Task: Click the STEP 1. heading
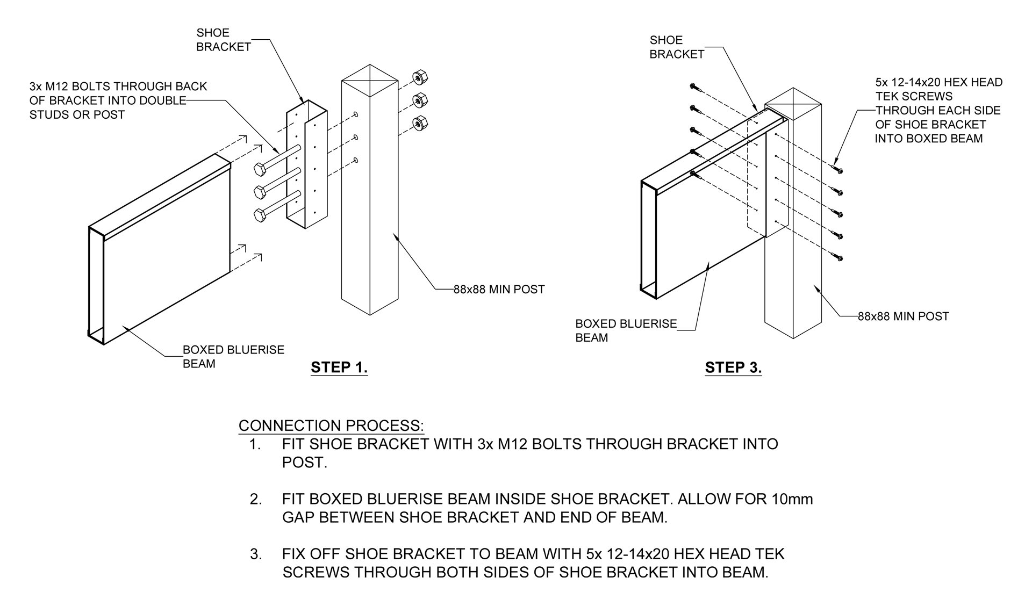[x=339, y=368]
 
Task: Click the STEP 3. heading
[x=733, y=368]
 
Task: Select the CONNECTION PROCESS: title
[x=331, y=425]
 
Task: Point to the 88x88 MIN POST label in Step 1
[x=499, y=290]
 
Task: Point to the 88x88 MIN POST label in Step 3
[x=903, y=316]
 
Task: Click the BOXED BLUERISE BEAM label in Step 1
[x=233, y=357]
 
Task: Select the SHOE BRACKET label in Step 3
[x=676, y=47]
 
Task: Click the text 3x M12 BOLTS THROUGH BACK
[x=118, y=86]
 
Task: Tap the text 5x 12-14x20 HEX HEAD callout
[x=938, y=83]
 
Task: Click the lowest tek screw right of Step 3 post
[x=839, y=258]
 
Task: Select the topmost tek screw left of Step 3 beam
[x=693, y=86]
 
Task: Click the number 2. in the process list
[x=256, y=499]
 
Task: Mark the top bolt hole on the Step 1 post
[x=356, y=114]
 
